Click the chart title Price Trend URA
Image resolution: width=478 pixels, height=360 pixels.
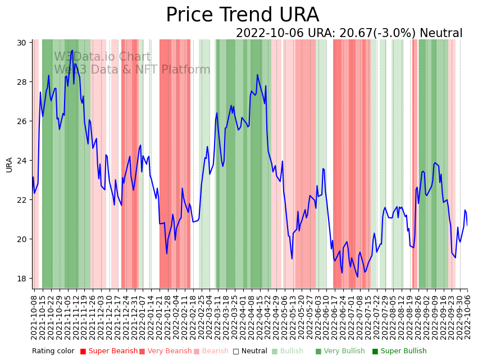[242, 15]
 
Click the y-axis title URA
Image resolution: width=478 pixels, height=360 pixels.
[10, 165]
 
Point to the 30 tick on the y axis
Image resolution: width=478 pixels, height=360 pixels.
[26, 43]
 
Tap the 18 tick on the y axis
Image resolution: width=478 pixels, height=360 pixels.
[26, 279]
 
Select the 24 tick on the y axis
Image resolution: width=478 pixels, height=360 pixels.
[26, 161]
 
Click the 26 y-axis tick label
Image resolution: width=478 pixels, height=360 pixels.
[26, 121]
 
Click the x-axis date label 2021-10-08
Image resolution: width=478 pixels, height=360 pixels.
[34, 317]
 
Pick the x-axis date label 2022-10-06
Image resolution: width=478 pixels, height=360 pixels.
[467, 317]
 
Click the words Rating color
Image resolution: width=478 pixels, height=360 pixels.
[53, 352]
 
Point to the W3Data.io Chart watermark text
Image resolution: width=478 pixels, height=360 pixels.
[102, 57]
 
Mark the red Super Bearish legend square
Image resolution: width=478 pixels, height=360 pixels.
[83, 352]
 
